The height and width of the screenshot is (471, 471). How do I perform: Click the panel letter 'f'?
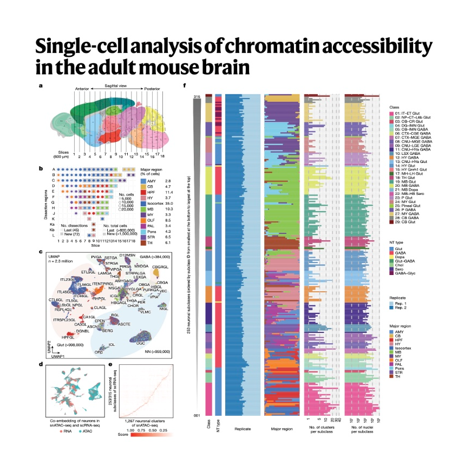click(x=186, y=86)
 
